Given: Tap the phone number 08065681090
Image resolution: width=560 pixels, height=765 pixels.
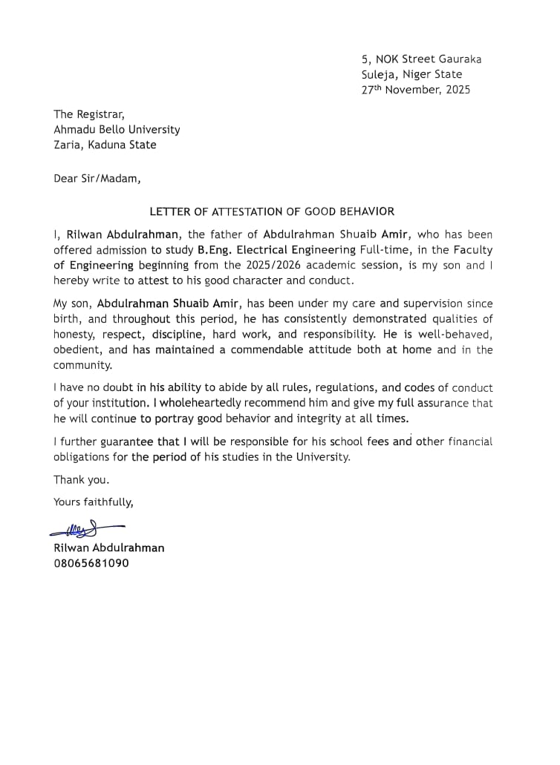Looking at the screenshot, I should click(x=91, y=563).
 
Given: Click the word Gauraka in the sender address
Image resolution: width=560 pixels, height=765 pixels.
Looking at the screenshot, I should click(x=457, y=59).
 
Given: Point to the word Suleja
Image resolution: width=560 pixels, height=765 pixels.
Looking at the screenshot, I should click(x=379, y=74).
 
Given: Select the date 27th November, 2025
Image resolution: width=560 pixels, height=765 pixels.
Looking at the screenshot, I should click(x=415, y=90).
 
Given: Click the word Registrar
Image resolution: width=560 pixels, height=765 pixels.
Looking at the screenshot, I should click(x=100, y=114).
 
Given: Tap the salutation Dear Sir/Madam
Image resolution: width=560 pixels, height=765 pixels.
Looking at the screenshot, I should click(x=97, y=178).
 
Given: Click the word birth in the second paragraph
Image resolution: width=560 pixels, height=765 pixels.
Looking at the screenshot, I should click(x=68, y=319).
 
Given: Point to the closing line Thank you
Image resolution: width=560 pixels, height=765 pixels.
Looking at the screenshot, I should click(x=81, y=479).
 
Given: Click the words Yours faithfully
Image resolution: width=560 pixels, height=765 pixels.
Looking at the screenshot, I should click(x=94, y=502).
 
